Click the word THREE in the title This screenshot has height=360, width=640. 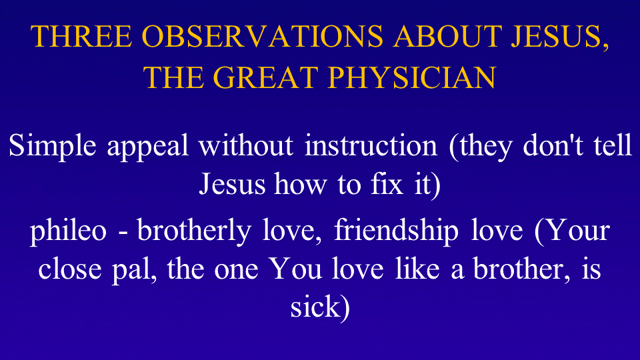[81, 36]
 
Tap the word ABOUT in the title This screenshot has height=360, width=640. [447, 36]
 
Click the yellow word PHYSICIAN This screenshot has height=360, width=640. [412, 77]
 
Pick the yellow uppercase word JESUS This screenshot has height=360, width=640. [557, 36]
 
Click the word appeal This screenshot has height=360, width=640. [148, 147]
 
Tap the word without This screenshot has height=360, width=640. [246, 145]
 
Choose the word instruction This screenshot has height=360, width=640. [371, 145]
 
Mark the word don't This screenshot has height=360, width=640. [553, 145]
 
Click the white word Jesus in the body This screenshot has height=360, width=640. [232, 184]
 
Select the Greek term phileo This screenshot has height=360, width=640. [69, 231]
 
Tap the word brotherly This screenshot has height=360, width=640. [194, 231]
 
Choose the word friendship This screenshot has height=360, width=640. [396, 231]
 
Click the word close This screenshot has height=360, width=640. [70, 269]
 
